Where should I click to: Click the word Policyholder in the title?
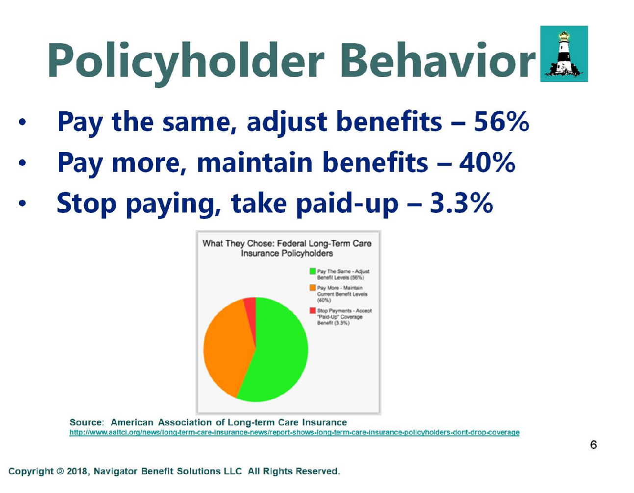[x=186, y=62]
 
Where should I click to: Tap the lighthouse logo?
[x=564, y=54]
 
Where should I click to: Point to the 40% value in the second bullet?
[x=487, y=162]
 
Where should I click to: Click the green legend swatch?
[x=312, y=271]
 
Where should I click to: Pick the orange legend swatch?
[x=312, y=288]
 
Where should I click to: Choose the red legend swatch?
[x=312, y=311]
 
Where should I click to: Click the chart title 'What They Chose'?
[x=238, y=244]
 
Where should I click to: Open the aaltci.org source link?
[x=294, y=432]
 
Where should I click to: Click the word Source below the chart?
[x=86, y=422]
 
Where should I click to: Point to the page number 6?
[x=593, y=444]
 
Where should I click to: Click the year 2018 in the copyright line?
[x=76, y=471]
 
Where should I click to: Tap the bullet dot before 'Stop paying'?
[x=22, y=203]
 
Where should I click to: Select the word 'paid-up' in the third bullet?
[x=347, y=204]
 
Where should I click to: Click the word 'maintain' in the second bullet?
[x=255, y=162]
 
